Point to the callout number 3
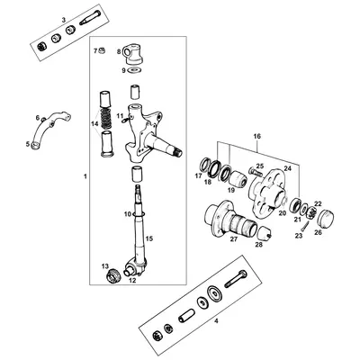pos(62,19)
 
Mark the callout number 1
pos(85,175)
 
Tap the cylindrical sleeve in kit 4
pos(188,317)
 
